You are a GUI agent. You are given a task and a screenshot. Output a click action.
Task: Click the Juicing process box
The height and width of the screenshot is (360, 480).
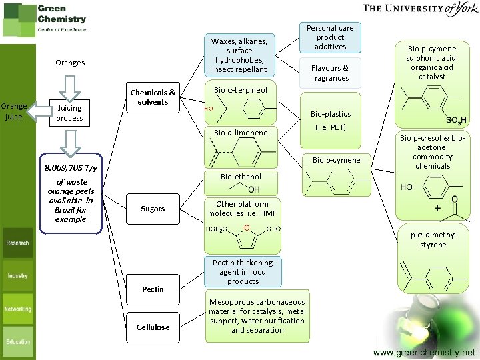[69, 113]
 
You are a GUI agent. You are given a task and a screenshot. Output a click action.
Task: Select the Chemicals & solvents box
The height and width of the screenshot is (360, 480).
[153, 97]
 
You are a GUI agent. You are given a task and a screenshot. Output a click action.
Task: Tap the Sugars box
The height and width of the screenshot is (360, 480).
[153, 209]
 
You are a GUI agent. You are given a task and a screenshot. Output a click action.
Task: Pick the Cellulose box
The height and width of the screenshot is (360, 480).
[153, 327]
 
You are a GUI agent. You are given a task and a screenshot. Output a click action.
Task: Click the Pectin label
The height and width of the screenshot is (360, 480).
[153, 289]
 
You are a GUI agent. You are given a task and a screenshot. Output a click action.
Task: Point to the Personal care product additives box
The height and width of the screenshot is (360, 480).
[330, 37]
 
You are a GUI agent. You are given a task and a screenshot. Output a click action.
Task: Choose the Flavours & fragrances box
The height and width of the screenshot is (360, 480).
[330, 73]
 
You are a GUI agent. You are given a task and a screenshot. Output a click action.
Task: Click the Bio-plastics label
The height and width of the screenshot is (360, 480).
[330, 114]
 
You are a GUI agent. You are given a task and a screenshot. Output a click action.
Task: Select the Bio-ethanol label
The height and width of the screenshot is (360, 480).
[241, 177]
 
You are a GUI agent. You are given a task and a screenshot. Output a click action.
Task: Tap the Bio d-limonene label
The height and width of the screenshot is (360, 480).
[241, 133]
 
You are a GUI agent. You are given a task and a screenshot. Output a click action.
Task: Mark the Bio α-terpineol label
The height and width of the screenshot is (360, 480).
[241, 90]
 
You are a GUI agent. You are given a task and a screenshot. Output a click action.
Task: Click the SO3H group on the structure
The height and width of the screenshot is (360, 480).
[456, 120]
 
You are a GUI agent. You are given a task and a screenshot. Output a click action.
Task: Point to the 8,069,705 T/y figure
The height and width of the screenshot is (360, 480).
[71, 168]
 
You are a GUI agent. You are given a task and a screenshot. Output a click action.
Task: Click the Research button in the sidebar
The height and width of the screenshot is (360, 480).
[18, 243]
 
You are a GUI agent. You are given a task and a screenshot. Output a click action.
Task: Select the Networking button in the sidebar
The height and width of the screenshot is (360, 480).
[18, 309]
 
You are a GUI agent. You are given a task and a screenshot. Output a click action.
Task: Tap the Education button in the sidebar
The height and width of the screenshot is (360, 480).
[18, 342]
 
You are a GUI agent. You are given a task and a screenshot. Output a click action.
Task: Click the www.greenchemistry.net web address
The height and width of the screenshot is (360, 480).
[425, 352]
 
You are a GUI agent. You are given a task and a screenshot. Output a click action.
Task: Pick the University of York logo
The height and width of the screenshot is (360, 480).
[419, 9]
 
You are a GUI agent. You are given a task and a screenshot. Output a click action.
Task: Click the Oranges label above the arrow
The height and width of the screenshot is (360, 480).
[70, 63]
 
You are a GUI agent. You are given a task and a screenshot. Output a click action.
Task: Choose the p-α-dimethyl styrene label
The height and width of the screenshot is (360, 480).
[433, 239]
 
